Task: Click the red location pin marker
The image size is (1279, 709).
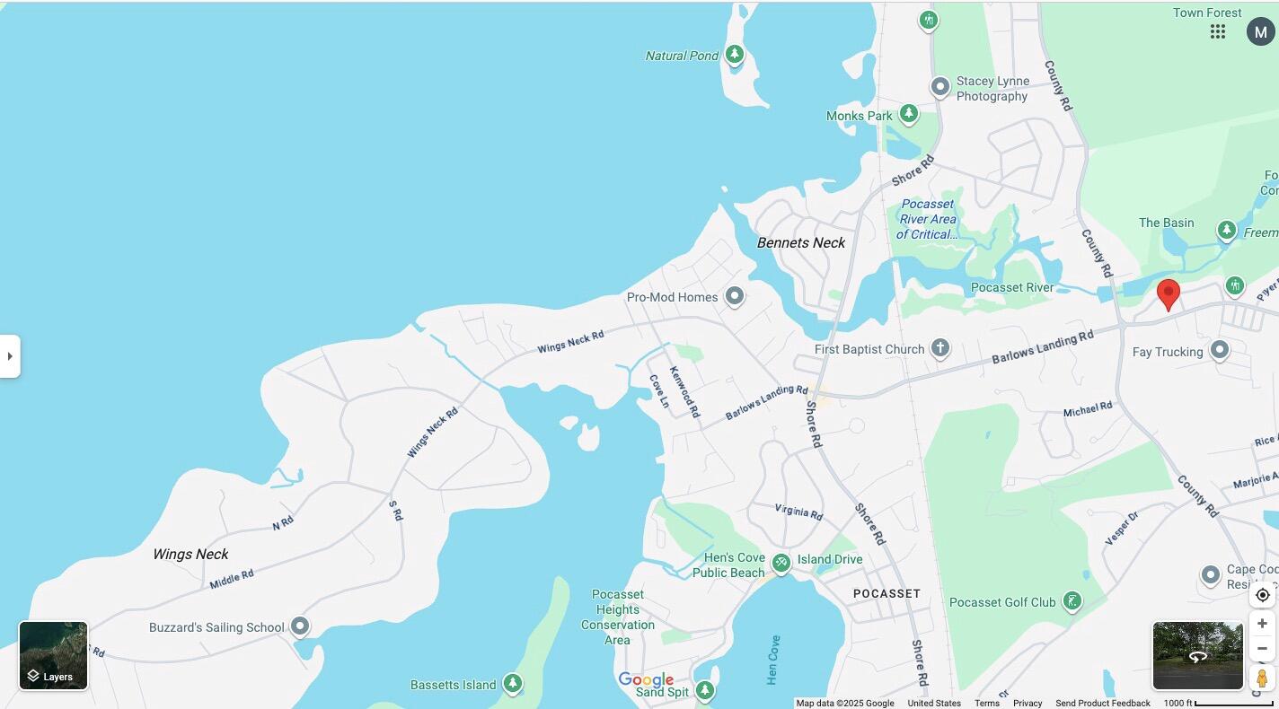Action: pos(1168,293)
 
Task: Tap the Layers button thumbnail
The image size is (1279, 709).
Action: pos(53,655)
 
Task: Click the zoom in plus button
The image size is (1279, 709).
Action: pos(1262,624)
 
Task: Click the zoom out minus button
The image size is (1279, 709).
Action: pos(1262,649)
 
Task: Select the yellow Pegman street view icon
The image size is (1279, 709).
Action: pos(1262,678)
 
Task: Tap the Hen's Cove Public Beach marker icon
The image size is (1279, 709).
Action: pos(781,563)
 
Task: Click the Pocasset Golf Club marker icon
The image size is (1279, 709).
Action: pos(1072,601)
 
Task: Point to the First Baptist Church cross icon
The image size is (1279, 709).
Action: pos(939,348)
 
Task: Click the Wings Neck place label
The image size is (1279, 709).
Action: pos(190,554)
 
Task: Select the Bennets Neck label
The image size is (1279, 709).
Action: pos(800,242)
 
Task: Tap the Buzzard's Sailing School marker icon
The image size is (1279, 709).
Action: pos(300,626)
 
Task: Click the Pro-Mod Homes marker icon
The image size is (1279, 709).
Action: pos(734,295)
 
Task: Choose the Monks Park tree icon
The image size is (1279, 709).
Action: pos(908,114)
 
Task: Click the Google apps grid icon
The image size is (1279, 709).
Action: pos(1218,31)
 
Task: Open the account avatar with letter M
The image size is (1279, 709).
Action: pos(1260,31)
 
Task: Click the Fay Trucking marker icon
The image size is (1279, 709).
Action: pos(1219,349)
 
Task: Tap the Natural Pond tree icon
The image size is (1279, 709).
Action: pos(735,54)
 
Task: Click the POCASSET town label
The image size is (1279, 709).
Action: pos(886,593)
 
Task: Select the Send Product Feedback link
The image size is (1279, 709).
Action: pos(1102,703)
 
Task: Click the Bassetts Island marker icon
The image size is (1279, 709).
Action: pos(512,683)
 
